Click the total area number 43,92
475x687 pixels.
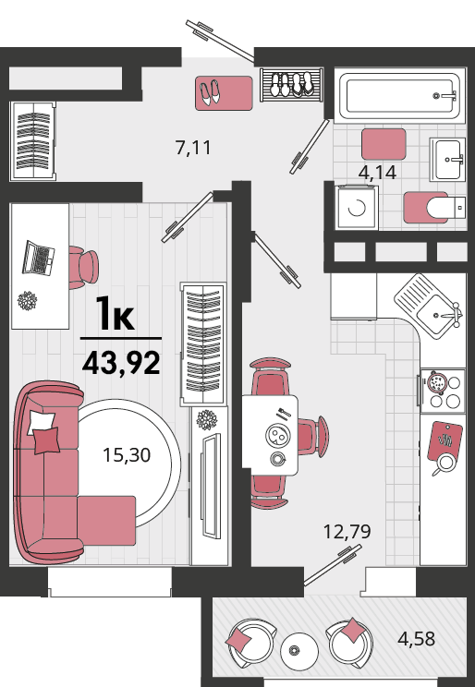point(121,363)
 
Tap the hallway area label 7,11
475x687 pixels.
point(193,148)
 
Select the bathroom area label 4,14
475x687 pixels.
point(377,172)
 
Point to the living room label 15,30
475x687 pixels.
point(127,455)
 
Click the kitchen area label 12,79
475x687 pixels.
point(347,532)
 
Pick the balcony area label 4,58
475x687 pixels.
point(416,638)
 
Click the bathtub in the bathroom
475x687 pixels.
point(399,95)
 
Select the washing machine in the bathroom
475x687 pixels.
point(357,207)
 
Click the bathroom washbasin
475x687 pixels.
point(447,159)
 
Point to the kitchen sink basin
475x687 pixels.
point(435,314)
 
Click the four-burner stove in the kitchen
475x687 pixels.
point(443,392)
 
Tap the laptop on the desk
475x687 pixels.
point(38,258)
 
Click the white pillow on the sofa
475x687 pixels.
point(41,422)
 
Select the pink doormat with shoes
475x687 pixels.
point(224,93)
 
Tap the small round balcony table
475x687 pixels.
point(299,650)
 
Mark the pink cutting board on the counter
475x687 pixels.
point(445,440)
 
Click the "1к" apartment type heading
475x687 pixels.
point(115,313)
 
